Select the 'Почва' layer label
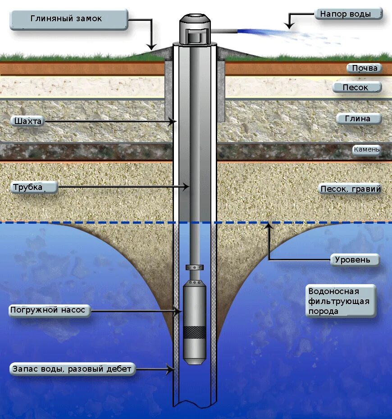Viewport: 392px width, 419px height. tap(364, 69)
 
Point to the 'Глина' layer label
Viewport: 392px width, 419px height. tap(359, 119)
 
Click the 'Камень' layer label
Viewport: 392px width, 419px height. tap(366, 149)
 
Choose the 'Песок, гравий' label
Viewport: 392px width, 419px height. tap(350, 189)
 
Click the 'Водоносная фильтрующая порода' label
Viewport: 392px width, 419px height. tap(341, 301)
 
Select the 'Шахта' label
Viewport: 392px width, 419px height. tap(28, 121)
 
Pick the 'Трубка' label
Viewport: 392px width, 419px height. tap(34, 187)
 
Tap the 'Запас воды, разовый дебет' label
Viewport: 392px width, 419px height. tap(72, 369)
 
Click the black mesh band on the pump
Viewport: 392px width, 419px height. tap(195, 332)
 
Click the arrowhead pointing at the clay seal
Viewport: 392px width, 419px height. tap(152, 46)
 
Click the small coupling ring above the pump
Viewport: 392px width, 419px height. tap(195, 267)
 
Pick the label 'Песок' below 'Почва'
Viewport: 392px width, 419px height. tap(356, 87)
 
